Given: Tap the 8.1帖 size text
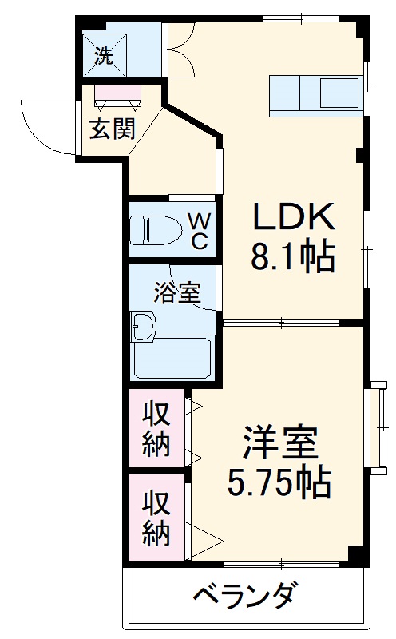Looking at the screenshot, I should [x=292, y=257].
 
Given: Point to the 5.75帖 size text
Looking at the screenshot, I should [x=279, y=482].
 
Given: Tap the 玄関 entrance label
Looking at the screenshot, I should [x=110, y=129].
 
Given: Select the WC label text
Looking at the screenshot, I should [x=198, y=230].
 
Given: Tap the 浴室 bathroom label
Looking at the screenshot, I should [x=176, y=293].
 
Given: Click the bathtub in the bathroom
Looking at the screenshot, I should [x=172, y=358].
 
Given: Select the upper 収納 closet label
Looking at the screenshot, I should [x=156, y=431].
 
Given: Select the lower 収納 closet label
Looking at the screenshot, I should [x=156, y=518].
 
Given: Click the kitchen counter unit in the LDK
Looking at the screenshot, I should [x=316, y=93].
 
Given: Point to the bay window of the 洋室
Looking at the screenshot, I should [x=377, y=431].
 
